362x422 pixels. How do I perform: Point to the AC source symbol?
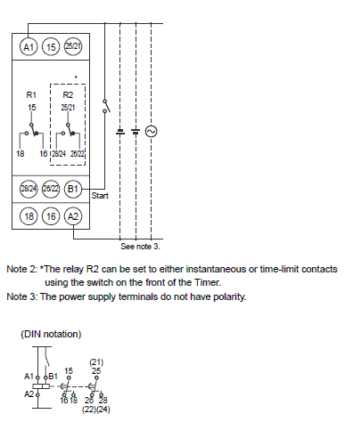click(x=151, y=131)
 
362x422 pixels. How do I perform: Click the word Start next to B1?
click(x=100, y=196)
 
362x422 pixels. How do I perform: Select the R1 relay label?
click(x=31, y=95)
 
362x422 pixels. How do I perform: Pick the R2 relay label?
click(x=68, y=95)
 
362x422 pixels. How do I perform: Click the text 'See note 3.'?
click(x=140, y=247)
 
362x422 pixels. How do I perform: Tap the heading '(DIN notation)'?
click(x=51, y=334)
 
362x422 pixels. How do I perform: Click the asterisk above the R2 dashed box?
click(x=76, y=77)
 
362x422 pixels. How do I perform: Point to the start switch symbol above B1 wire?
click(x=106, y=106)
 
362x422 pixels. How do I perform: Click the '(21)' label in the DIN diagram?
click(x=96, y=362)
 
